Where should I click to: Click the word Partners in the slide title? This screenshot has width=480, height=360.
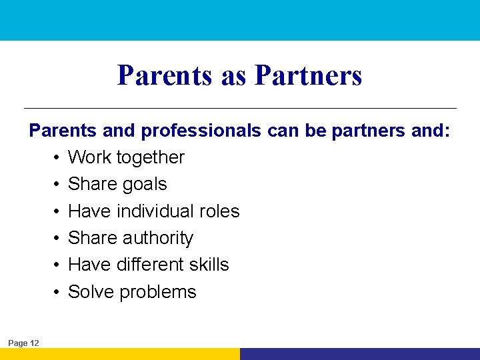[308, 75]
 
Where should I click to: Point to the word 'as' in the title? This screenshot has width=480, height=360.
[233, 76]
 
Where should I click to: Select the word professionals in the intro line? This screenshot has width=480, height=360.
[201, 131]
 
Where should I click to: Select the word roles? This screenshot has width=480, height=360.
[222, 211]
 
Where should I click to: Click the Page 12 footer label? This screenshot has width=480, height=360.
[24, 343]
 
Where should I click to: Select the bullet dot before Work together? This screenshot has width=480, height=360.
[58, 158]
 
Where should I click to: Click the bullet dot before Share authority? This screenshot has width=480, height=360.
[58, 239]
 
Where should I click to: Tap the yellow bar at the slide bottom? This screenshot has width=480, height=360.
[120, 354]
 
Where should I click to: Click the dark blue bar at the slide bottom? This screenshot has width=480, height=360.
[360, 354]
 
